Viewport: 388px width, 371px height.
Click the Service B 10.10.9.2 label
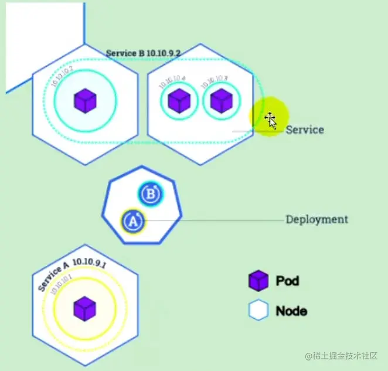(x=143, y=53)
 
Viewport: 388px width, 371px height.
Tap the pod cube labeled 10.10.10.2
(x=85, y=101)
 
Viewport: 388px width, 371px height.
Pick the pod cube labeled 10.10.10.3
(x=221, y=101)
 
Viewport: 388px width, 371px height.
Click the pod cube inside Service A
(x=84, y=308)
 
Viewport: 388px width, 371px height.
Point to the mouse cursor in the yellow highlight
(x=270, y=120)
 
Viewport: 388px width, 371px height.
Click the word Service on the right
(x=304, y=130)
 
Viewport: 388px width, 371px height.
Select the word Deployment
(x=316, y=220)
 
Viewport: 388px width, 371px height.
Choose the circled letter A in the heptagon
(x=132, y=222)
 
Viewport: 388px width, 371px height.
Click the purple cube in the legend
(x=258, y=281)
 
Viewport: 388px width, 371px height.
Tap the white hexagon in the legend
(x=258, y=311)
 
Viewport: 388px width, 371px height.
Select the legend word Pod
(x=287, y=281)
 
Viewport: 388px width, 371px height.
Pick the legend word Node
(x=291, y=311)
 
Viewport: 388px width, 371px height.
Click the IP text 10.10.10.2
(x=63, y=77)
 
